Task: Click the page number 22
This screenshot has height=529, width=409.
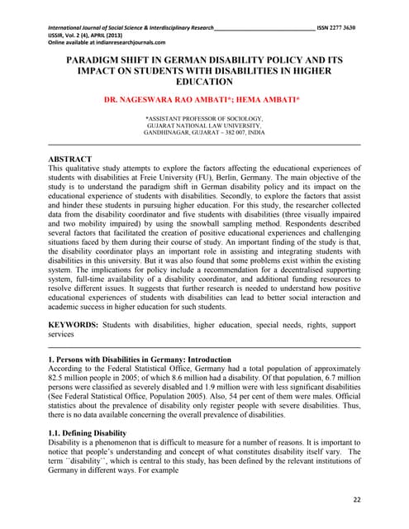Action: point(356,499)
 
